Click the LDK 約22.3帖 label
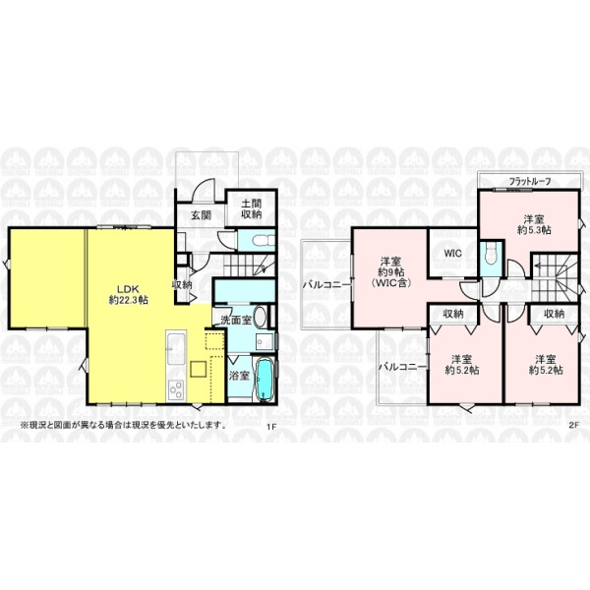[128, 295]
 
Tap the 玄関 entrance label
[201, 215]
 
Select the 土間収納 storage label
[252, 209]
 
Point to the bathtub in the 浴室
[265, 380]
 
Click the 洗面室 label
[236, 321]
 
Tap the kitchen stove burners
[176, 389]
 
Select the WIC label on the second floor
[452, 254]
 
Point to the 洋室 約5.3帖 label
[534, 224]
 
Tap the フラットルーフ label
[530, 181]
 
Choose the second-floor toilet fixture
[491, 254]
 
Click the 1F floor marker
[271, 427]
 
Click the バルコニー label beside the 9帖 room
[326, 285]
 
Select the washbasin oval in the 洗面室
[261, 317]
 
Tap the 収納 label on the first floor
[182, 285]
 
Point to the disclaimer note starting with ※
[124, 427]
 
